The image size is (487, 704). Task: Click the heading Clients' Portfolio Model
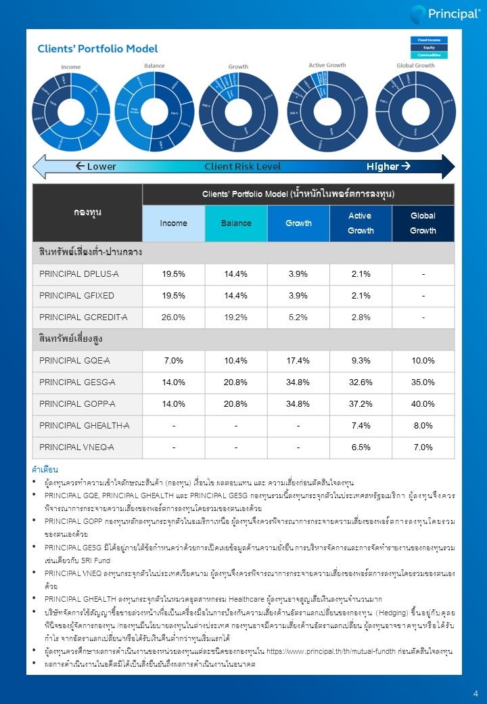click(97, 49)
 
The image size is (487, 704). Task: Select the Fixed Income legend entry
click(429, 40)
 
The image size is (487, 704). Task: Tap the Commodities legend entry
click(429, 55)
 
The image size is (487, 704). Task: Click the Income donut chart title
click(71, 67)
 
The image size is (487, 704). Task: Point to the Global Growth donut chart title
click(415, 66)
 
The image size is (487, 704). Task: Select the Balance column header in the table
click(236, 223)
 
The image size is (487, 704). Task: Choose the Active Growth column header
click(361, 223)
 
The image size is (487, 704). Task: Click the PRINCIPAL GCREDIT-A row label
click(83, 317)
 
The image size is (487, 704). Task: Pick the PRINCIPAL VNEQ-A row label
click(76, 447)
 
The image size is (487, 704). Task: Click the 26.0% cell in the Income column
click(173, 317)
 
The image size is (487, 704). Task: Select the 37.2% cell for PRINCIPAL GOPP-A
click(361, 404)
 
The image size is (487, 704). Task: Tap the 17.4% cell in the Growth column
click(298, 361)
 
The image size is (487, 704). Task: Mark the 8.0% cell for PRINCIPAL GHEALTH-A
click(423, 426)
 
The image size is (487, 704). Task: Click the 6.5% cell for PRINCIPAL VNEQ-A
click(361, 447)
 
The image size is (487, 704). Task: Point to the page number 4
click(476, 693)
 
